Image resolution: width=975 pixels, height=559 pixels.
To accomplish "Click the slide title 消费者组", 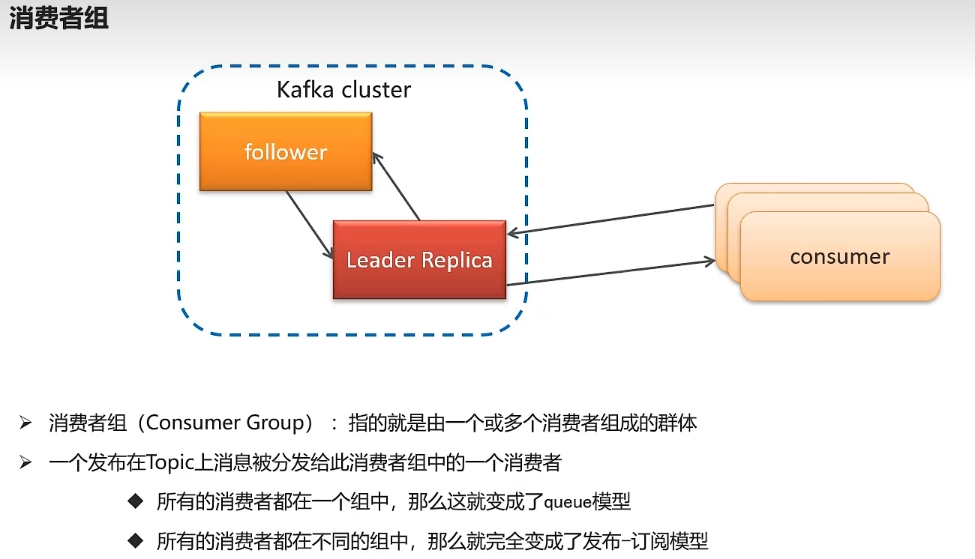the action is coord(58,18).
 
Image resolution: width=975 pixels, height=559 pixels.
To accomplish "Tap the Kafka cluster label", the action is coord(343,90).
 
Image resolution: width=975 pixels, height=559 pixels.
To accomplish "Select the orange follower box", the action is coord(286,151).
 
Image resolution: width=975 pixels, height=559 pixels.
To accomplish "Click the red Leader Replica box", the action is coord(419,260).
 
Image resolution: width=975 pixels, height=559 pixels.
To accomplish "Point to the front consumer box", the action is coord(840,256).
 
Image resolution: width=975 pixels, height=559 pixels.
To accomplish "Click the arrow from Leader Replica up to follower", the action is coord(396,186).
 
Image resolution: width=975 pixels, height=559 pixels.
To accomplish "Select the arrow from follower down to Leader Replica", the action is coord(310,225).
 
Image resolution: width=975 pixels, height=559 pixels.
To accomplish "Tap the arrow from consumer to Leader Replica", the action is coord(611,220).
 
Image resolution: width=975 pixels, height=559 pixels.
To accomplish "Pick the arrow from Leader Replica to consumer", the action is coord(611,273).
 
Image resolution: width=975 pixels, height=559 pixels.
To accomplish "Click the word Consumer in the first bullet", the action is coord(193,423).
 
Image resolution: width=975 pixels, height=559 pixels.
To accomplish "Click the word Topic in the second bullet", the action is coord(170,462).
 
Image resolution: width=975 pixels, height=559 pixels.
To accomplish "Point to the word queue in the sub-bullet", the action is coord(565,503).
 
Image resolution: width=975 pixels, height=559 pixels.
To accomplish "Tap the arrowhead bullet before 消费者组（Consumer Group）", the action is coord(25,423).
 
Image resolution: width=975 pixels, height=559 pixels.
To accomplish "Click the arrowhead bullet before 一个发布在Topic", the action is coord(25,462).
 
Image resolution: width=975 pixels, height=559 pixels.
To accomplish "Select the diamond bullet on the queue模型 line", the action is coord(136,501).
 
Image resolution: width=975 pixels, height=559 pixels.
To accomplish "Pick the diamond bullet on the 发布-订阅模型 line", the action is coord(136,541).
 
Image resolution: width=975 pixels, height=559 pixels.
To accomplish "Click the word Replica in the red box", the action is coord(457,261).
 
